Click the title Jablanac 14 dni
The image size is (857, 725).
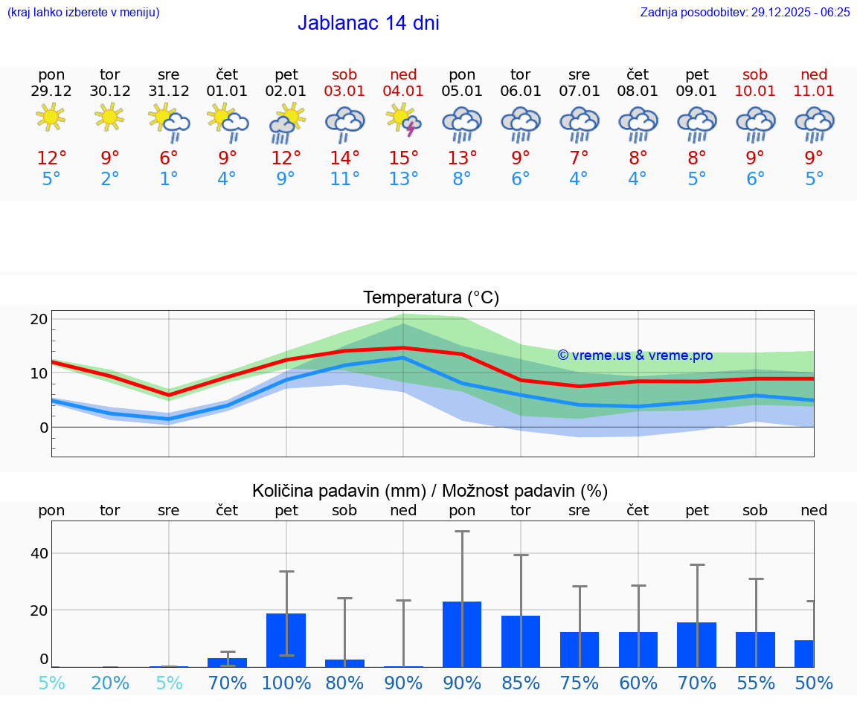(368, 23)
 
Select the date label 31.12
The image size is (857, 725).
(169, 91)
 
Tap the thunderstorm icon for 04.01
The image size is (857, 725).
(403, 120)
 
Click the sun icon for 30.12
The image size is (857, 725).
(110, 117)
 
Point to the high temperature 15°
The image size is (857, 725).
(403, 158)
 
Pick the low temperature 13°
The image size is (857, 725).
(403, 179)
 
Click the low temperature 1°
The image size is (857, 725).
(169, 179)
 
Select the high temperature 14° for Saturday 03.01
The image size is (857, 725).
(344, 158)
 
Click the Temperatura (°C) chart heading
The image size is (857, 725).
(431, 298)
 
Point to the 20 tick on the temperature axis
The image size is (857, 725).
(39, 320)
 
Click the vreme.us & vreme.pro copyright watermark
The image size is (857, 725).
(635, 355)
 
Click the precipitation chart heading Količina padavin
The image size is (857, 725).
(430, 491)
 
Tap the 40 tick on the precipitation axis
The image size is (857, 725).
(39, 553)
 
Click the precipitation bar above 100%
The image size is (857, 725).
(286, 640)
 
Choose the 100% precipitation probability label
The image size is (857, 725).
(286, 683)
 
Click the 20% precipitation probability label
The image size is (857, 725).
(110, 683)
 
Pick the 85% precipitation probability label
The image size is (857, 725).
(521, 683)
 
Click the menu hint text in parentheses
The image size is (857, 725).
(83, 12)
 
